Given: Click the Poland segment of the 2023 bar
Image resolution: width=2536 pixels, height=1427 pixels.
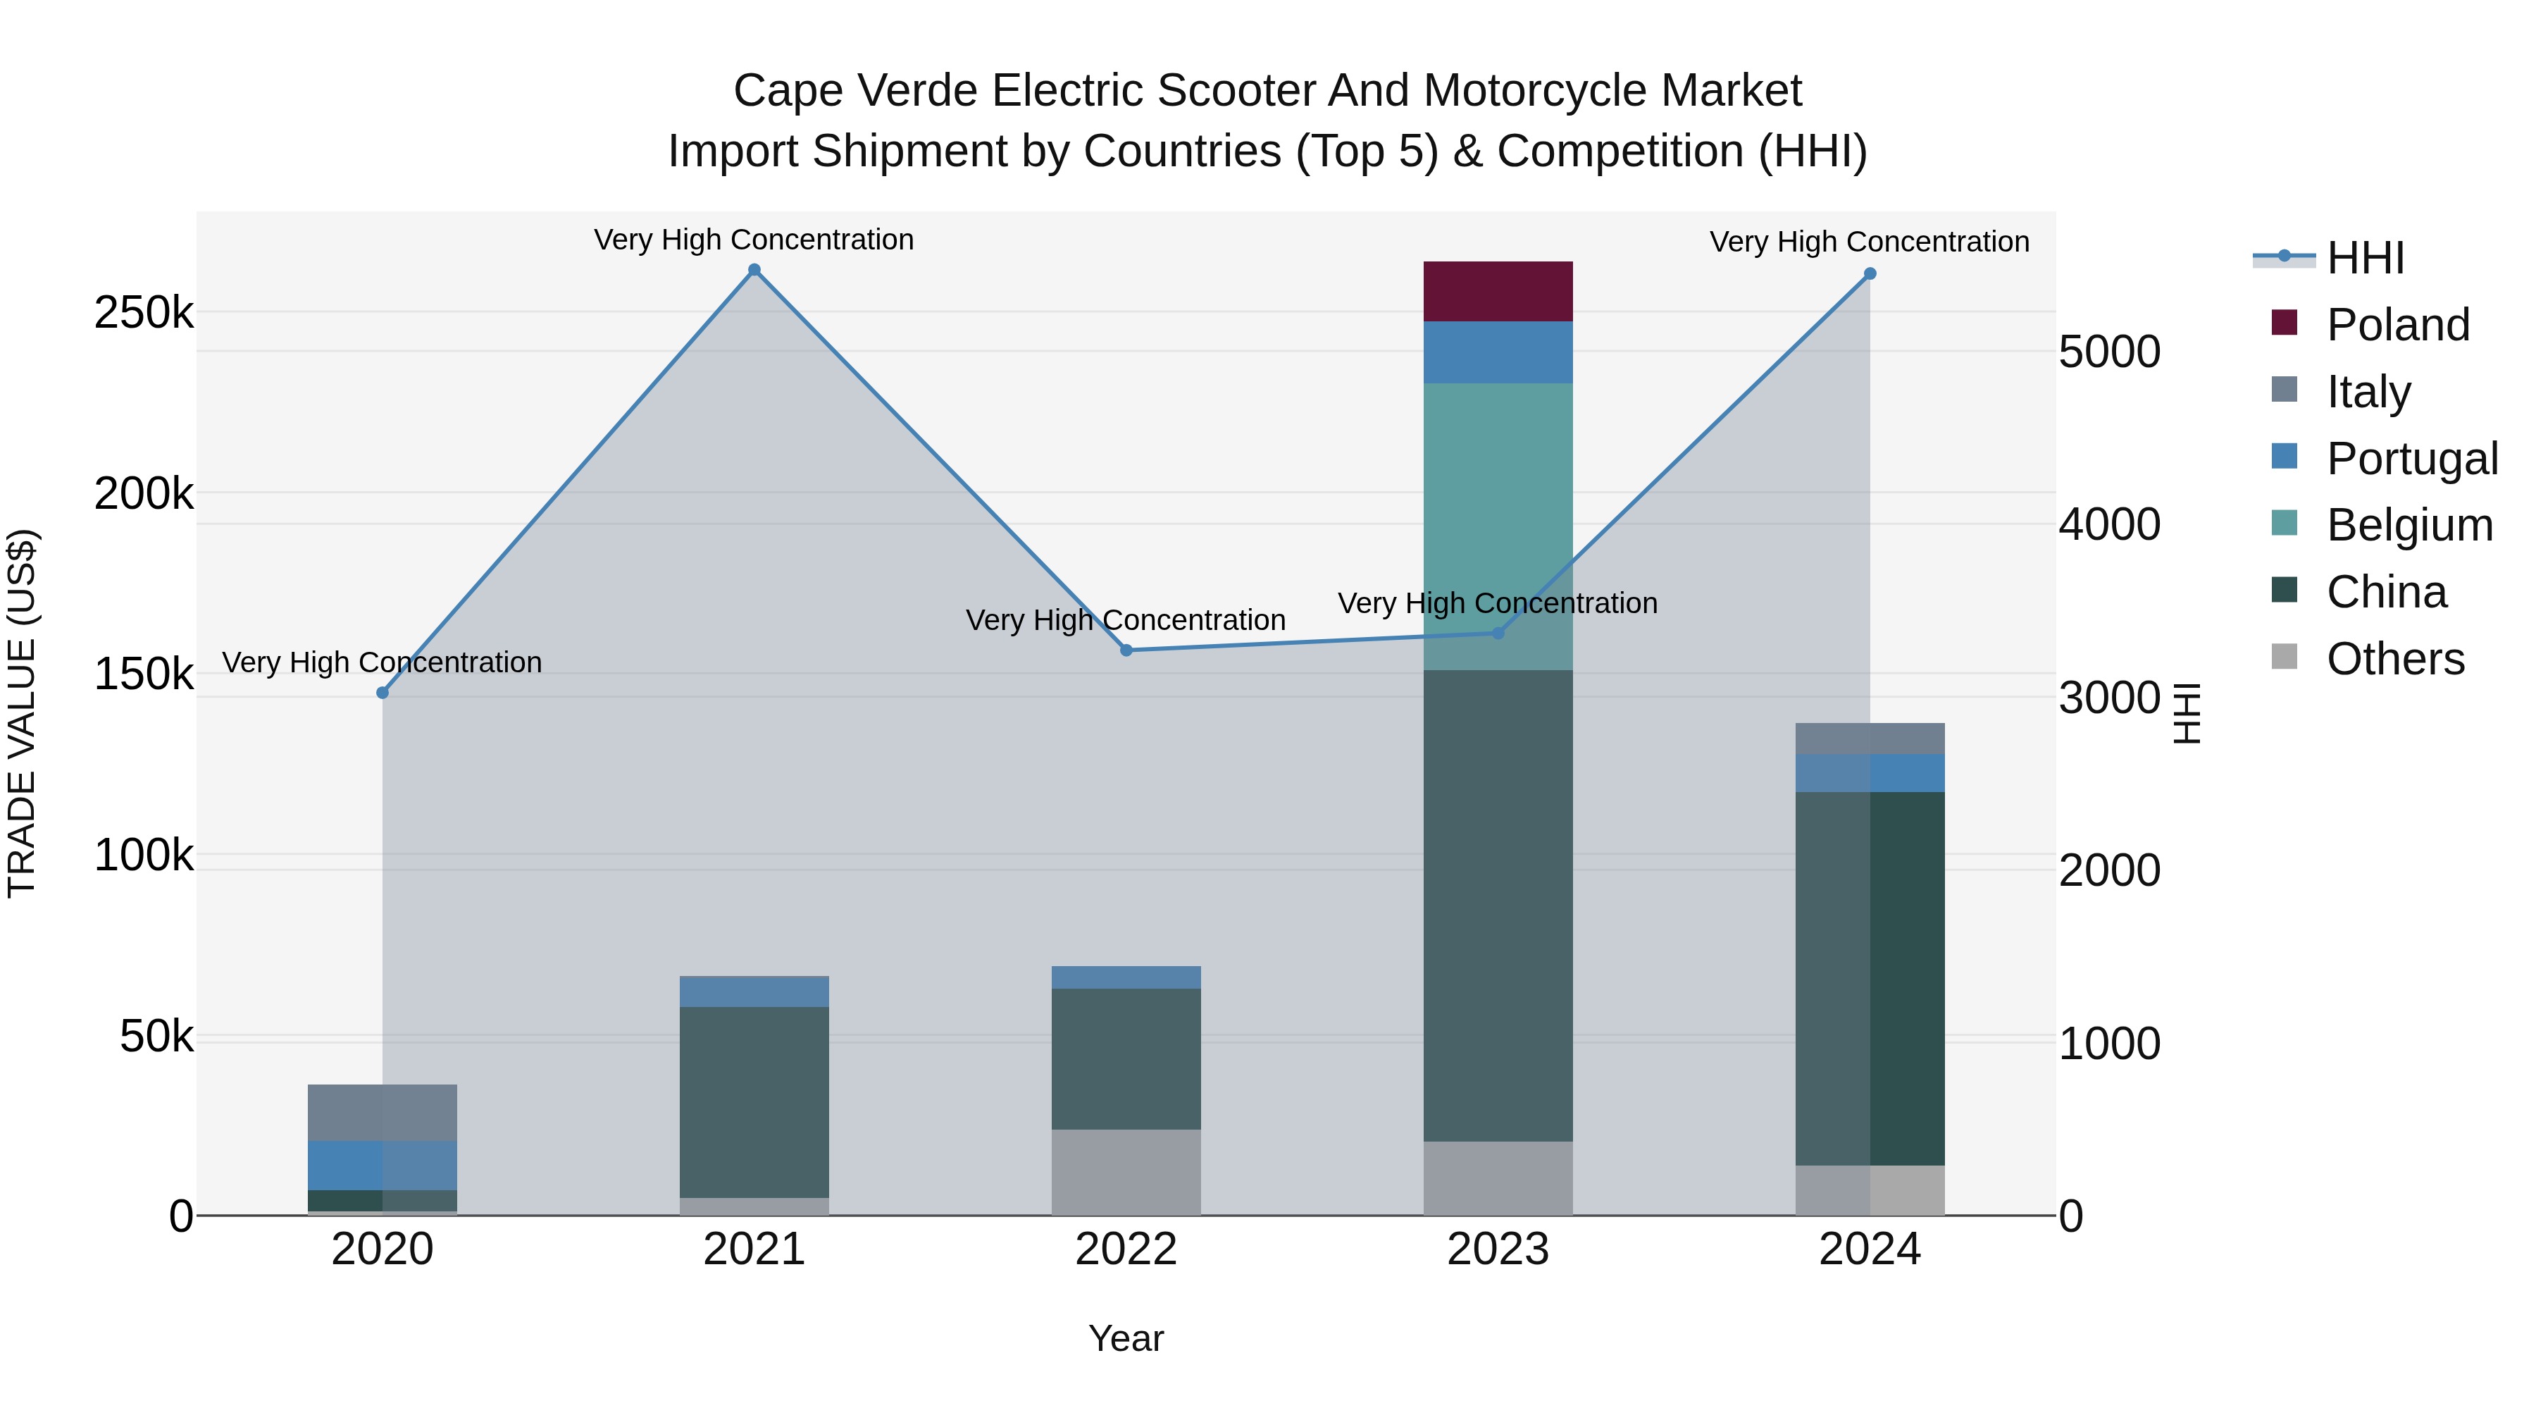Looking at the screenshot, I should click(1498, 292).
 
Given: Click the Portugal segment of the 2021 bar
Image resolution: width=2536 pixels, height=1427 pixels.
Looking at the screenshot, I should click(754, 991).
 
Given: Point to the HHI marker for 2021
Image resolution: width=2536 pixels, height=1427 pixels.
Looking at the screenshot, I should click(754, 270).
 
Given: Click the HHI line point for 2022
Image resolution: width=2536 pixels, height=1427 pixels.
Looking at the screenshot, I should click(1126, 650).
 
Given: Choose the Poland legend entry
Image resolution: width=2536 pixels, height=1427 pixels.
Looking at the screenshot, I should click(2397, 325).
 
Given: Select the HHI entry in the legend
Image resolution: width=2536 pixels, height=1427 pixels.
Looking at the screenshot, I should click(2365, 258).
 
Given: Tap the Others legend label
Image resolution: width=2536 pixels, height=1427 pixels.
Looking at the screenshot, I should click(2394, 659).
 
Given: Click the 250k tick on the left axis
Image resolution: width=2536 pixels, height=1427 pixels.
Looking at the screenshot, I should click(144, 313).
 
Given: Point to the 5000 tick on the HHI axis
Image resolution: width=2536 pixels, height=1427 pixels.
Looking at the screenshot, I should click(2108, 352).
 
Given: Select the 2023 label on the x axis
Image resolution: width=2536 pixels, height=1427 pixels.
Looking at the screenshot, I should click(1498, 1249).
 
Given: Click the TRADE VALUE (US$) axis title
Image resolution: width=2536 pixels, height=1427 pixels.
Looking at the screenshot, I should click(22, 713).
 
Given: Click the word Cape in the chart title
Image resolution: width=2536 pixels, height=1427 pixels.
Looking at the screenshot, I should click(788, 92).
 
